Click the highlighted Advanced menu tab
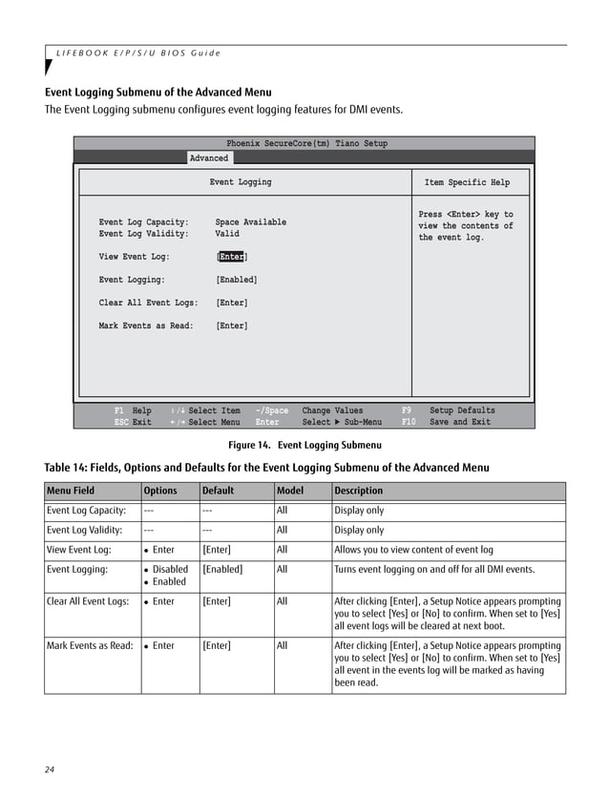pyautogui.click(x=208, y=158)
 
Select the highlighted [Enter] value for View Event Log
pyautogui.click(x=231, y=257)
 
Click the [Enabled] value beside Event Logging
pyautogui.click(x=236, y=280)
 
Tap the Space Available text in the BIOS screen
pyautogui.click(x=250, y=222)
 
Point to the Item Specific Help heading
pyautogui.click(x=467, y=182)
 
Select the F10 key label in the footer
pyautogui.click(x=409, y=422)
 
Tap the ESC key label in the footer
pyautogui.click(x=121, y=422)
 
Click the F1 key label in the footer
pyautogui.click(x=119, y=410)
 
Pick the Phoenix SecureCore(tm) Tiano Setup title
pyautogui.click(x=306, y=143)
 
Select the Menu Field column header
pyautogui.click(x=71, y=491)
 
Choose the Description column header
pyautogui.click(x=359, y=491)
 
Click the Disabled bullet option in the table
pyautogui.click(x=170, y=569)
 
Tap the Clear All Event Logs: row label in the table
pyautogui.click(x=88, y=601)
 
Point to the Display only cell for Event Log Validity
pyautogui.click(x=359, y=530)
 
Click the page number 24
pyautogui.click(x=51, y=769)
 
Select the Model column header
pyautogui.click(x=289, y=491)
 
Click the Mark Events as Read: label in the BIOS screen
pyautogui.click(x=145, y=325)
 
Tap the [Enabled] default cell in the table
pyautogui.click(x=222, y=569)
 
